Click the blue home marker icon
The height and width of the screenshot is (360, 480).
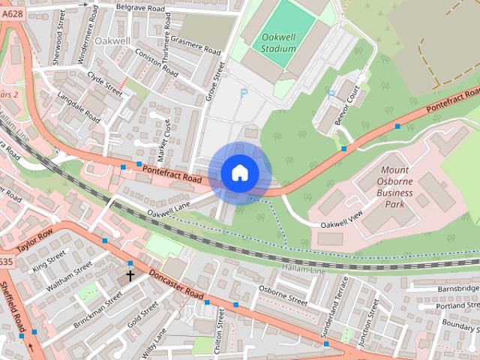tap(240, 173)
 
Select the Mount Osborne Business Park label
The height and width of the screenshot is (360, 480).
tap(394, 187)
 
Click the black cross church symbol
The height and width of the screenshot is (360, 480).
tap(130, 276)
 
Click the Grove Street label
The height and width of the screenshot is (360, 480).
tap(217, 80)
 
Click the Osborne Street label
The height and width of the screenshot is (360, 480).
tap(283, 294)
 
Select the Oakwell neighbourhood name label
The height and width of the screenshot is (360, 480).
tap(112, 40)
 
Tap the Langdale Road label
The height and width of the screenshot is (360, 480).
tap(79, 106)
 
